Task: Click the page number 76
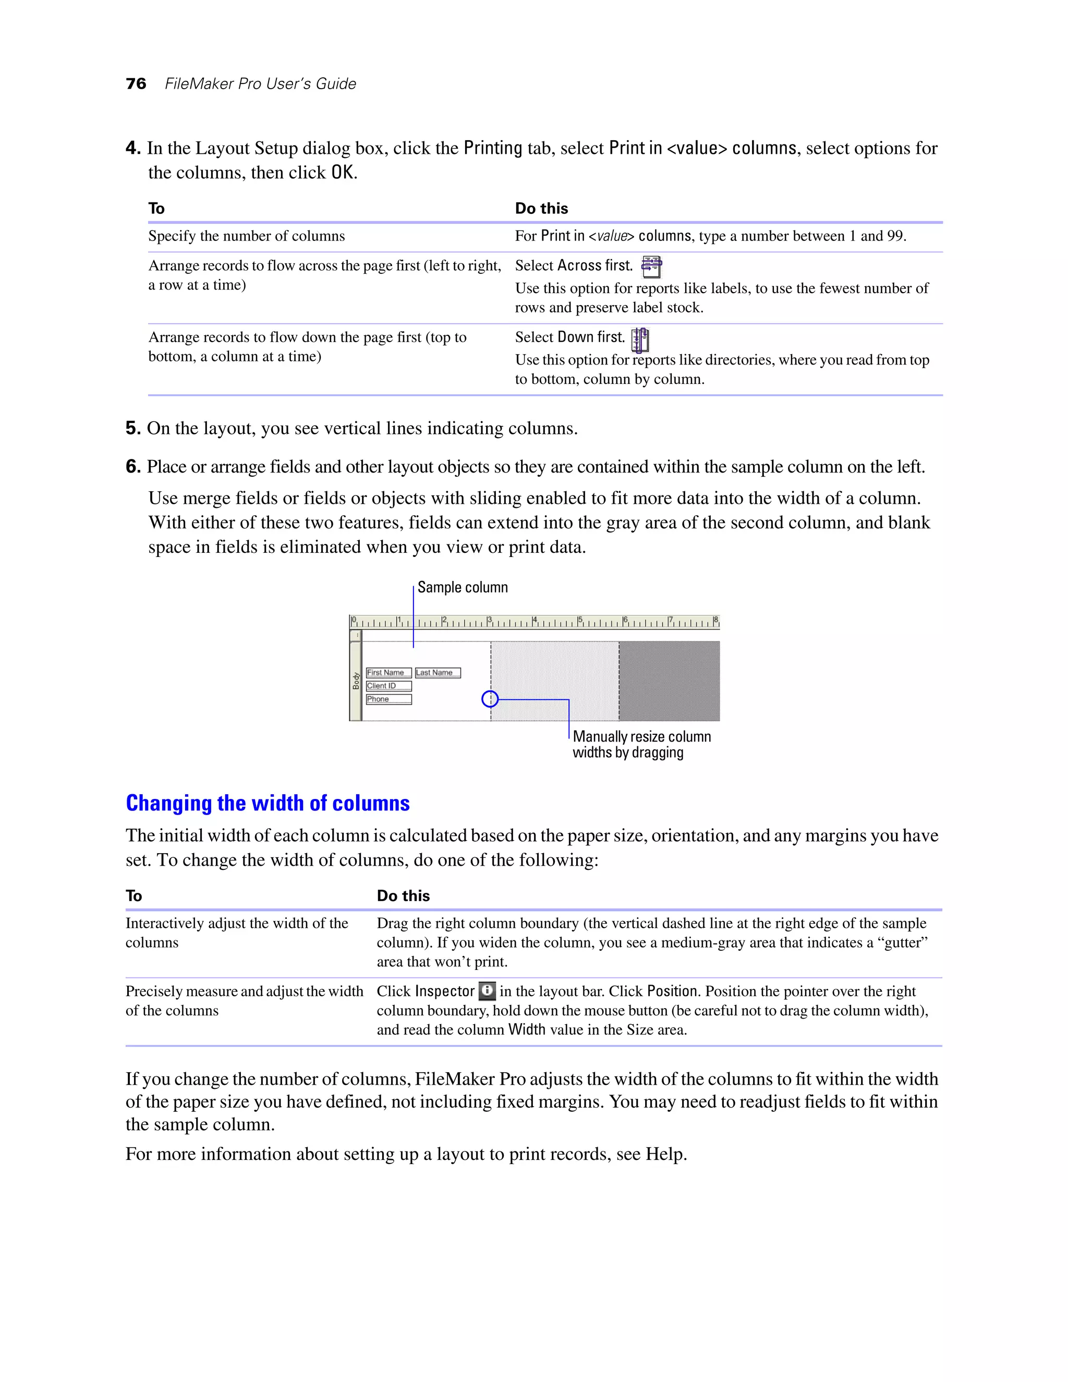[x=136, y=84]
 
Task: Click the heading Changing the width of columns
[x=268, y=803]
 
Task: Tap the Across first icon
[x=651, y=266]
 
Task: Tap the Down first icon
[x=640, y=340]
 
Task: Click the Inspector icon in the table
[x=487, y=990]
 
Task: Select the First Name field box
[x=389, y=673]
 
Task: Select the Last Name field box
[x=438, y=673]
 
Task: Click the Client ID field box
[x=389, y=686]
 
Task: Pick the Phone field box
[x=389, y=699]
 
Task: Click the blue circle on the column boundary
[x=490, y=699]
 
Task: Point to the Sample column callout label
[x=463, y=587]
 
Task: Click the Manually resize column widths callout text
[x=641, y=744]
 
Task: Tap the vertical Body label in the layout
[x=356, y=681]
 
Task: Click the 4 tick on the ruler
[x=534, y=621]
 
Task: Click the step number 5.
[x=132, y=428]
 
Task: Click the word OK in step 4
[x=342, y=173]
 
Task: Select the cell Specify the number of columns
[x=247, y=236]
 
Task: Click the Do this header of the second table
[x=403, y=895]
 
